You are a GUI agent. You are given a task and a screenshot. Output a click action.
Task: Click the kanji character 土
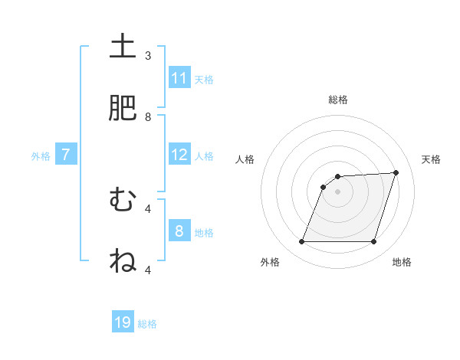click(x=123, y=47)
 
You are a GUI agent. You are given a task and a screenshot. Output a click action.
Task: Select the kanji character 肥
click(x=123, y=109)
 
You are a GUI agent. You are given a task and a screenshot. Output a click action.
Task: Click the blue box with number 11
click(x=179, y=78)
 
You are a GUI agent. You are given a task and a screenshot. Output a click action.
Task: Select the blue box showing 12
click(x=179, y=155)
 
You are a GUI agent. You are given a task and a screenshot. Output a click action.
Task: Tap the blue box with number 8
click(x=179, y=231)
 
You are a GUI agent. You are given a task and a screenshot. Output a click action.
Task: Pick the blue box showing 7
click(x=66, y=155)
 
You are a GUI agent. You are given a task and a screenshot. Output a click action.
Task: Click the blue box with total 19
click(x=123, y=322)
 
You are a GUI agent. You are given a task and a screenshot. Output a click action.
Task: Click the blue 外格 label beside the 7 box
click(x=41, y=156)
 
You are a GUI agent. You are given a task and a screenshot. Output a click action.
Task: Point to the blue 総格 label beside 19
click(x=147, y=324)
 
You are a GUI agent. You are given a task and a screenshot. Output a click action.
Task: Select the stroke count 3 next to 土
click(x=148, y=56)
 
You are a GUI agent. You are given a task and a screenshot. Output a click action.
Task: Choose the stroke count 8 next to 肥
click(x=148, y=117)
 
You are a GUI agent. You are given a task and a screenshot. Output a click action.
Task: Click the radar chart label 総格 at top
click(x=338, y=100)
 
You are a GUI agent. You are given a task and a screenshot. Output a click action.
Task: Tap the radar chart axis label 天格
click(x=432, y=159)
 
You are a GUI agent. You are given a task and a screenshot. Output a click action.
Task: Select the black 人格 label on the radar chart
click(x=245, y=159)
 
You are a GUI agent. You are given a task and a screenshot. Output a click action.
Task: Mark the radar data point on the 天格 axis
click(x=396, y=173)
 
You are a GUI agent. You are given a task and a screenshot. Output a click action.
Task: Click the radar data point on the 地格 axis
click(x=374, y=242)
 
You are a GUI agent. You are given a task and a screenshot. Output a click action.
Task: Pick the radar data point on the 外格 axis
click(x=302, y=242)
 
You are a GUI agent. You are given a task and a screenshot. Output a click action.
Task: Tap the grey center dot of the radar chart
click(x=338, y=192)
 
